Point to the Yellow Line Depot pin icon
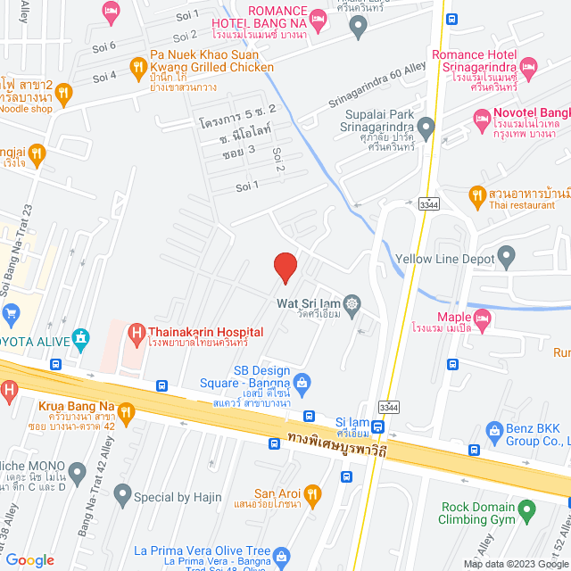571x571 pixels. pyautogui.click(x=508, y=259)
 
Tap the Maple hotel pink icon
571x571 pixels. pyautogui.click(x=483, y=317)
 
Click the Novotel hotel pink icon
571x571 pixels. pyautogui.click(x=482, y=117)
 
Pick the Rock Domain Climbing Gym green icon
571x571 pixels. pyautogui.click(x=527, y=511)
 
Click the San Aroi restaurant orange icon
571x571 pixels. pyautogui.click(x=311, y=493)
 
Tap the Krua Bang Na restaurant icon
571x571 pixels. pyautogui.click(x=126, y=411)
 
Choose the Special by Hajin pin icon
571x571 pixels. pyautogui.click(x=121, y=493)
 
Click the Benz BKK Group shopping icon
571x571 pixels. pyautogui.click(x=497, y=433)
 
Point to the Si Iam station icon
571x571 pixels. pyautogui.click(x=378, y=426)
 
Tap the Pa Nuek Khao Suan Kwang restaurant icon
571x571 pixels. pyautogui.click(x=137, y=66)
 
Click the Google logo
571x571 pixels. pyautogui.click(x=30, y=560)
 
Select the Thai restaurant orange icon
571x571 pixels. pyautogui.click(x=476, y=194)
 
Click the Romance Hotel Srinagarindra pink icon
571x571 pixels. pyautogui.click(x=528, y=67)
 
